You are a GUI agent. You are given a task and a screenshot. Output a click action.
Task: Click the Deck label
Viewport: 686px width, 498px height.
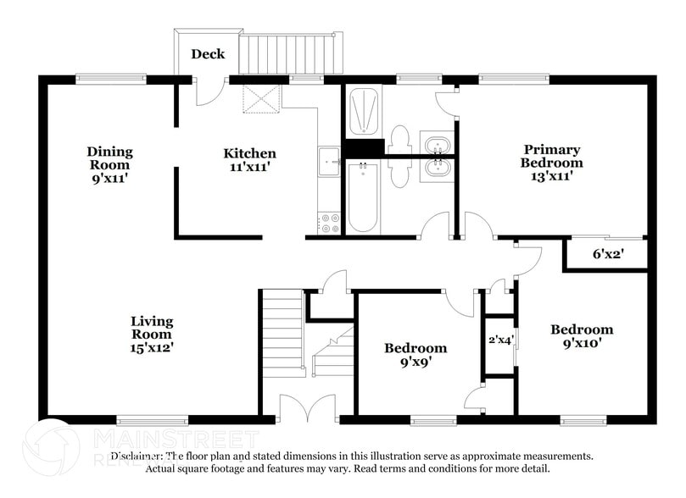tap(208, 54)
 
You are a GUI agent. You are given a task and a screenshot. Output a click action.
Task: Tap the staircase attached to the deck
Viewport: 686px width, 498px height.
tap(293, 54)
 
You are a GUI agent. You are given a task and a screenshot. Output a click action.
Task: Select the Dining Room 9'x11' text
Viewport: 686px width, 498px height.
tap(109, 165)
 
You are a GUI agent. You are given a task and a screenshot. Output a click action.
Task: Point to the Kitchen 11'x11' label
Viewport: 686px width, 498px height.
tap(249, 160)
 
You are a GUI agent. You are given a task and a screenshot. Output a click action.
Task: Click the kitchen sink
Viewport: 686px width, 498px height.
tap(328, 161)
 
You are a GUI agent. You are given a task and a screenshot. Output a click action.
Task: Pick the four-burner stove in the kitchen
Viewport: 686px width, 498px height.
tap(328, 222)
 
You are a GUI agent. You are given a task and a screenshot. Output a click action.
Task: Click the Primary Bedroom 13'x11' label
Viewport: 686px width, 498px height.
tap(551, 162)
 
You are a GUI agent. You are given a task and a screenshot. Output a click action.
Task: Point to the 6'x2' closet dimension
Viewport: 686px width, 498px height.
tap(607, 254)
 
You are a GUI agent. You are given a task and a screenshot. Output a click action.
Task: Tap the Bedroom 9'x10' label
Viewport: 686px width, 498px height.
tap(581, 336)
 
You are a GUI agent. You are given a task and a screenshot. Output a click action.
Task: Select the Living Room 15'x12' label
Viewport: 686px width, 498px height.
tap(152, 334)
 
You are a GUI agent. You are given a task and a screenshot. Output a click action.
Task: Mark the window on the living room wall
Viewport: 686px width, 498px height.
tap(152, 419)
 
